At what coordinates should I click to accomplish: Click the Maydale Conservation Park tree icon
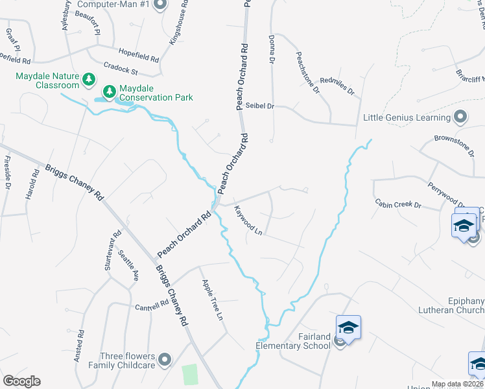(109, 89)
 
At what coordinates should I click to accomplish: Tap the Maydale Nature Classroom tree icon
(89, 80)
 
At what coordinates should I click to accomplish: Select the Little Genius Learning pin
(460, 117)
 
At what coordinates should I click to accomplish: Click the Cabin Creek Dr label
(399, 205)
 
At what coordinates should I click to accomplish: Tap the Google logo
(21, 381)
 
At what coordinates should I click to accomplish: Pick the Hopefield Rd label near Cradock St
(139, 54)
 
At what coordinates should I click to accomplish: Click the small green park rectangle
(189, 374)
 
